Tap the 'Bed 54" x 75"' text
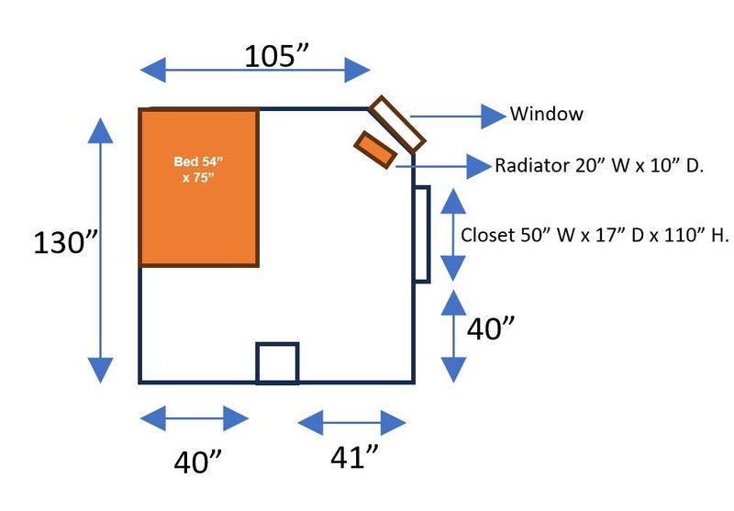199,170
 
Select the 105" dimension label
275,56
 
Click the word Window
546,115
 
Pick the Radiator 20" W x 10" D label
599,166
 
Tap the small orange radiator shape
375,150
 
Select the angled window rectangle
397,124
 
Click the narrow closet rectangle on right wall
421,234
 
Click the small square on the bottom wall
277,362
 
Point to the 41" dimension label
352,456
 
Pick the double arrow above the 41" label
351,422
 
